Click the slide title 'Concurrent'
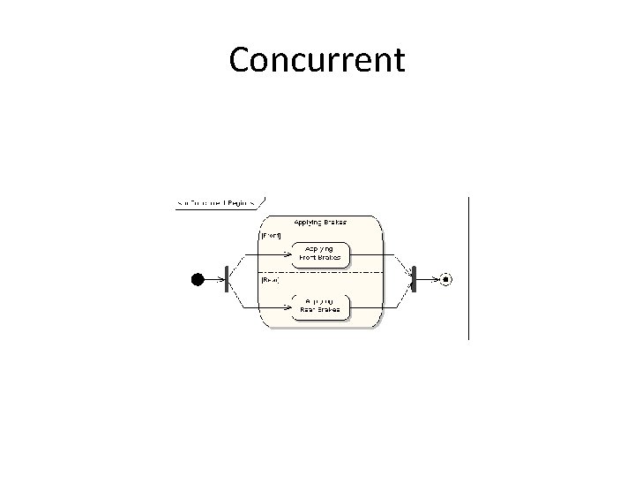coord(317,60)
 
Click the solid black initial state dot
coord(198,279)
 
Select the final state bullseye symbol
coord(446,279)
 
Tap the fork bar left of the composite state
coord(227,279)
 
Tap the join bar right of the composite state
coord(412,279)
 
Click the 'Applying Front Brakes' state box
coord(323,254)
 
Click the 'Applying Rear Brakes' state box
coord(319,306)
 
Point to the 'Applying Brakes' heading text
coord(320,222)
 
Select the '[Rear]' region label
coord(270,280)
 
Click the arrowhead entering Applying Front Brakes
coord(293,254)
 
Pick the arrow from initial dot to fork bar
coord(214,279)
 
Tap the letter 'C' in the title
coord(241,60)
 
